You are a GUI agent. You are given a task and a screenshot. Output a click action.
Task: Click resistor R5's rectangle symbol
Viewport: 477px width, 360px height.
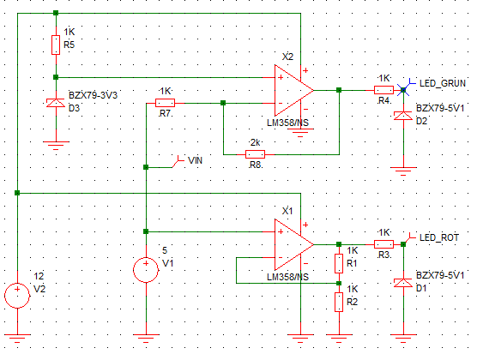coord(56,45)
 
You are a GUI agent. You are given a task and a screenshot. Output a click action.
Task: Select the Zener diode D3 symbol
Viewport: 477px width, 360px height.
coord(56,103)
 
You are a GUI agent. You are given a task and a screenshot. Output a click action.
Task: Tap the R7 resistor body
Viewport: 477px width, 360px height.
coord(165,103)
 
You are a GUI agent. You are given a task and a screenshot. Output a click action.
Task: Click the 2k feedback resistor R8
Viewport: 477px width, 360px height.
coord(255,154)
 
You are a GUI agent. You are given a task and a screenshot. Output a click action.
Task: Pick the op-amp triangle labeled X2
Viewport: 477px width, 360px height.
coord(292,90)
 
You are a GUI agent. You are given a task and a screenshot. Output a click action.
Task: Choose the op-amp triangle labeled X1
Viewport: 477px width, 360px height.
coord(292,244)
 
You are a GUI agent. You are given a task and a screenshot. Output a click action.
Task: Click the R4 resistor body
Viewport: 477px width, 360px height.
coord(383,90)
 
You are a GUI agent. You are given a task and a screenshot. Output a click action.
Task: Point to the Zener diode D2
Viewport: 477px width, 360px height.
coord(403,116)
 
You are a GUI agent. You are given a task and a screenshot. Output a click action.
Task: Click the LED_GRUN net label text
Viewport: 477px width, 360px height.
coord(443,83)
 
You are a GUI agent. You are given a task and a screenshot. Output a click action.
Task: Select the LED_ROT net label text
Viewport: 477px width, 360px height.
coord(439,237)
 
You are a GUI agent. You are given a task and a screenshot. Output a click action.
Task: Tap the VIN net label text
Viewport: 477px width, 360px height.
coord(195,160)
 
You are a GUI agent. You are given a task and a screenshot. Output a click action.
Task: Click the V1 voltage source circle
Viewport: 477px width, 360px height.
coord(146,270)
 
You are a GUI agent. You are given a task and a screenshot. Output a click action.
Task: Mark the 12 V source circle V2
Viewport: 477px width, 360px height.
coord(17,296)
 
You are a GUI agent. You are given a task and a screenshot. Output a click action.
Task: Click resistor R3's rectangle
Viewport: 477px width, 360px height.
coord(383,244)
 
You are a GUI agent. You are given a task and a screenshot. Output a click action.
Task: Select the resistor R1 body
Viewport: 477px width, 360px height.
coord(339,263)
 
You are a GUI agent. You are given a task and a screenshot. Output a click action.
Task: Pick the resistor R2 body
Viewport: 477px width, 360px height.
coord(339,302)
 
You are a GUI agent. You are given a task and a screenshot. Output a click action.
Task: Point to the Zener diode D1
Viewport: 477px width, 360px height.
coord(403,283)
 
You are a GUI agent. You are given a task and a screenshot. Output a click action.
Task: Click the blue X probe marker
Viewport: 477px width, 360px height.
coord(403,90)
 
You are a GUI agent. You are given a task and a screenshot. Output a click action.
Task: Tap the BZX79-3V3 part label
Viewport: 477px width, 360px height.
coord(94,95)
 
